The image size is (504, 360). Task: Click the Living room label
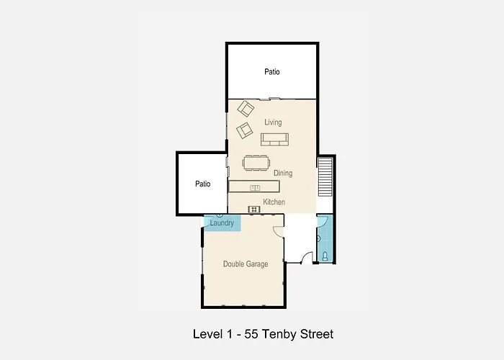[x=273, y=122]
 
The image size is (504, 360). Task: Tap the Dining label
[x=283, y=173]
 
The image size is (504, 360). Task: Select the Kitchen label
[x=274, y=202]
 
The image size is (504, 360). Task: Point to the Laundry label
[x=222, y=222]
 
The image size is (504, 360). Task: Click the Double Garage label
[x=246, y=264]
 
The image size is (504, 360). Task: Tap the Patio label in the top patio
[x=272, y=72]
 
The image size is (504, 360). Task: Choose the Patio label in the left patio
[x=203, y=184]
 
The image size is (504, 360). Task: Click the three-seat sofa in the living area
[x=274, y=139]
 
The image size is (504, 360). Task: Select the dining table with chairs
[x=256, y=163]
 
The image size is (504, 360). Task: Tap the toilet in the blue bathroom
[x=325, y=256]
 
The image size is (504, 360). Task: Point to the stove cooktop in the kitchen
[x=254, y=210]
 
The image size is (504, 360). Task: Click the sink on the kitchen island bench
[x=255, y=188]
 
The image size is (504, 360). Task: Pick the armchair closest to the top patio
[x=246, y=109]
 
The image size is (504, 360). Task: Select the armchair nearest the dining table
[x=244, y=130]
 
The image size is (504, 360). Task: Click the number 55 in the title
[x=251, y=334]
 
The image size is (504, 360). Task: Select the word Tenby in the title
[x=279, y=335]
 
